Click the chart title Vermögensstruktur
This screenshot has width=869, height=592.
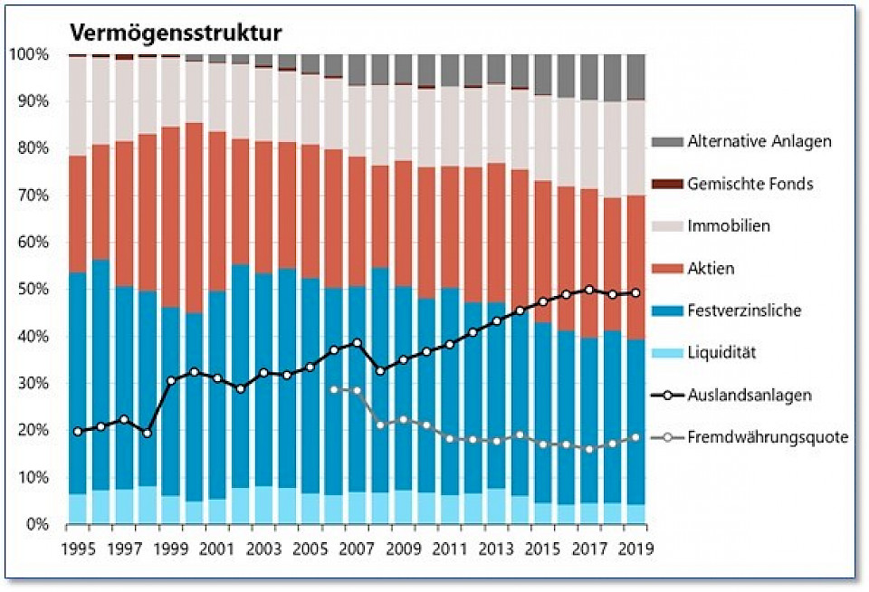[176, 33]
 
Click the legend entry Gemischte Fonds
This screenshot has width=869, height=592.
[750, 184]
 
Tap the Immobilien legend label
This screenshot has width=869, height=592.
[729, 225]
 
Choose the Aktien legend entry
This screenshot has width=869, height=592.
[711, 268]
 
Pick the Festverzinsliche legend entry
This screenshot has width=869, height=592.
[744, 310]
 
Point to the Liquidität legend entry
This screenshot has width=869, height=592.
[721, 352]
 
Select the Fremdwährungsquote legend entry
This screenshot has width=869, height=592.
[767, 437]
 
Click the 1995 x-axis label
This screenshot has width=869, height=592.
[78, 549]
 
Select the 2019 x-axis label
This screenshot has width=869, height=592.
[635, 549]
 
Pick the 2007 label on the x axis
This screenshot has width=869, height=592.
[357, 549]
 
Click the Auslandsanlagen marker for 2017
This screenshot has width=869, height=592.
[589, 290]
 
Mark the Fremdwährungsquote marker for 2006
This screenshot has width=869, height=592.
[334, 389]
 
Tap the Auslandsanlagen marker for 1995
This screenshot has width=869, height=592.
[78, 432]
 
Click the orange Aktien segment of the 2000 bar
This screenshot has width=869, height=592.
[194, 217]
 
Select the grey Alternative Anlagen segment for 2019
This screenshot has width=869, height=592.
[636, 77]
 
